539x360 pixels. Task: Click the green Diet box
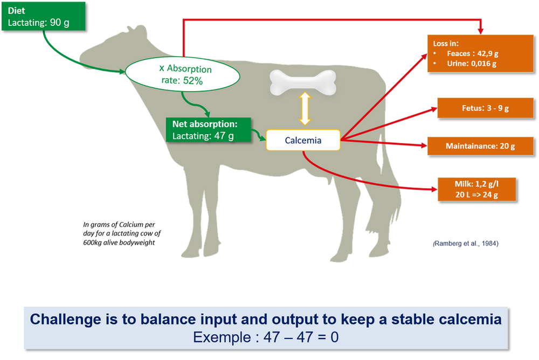(43, 17)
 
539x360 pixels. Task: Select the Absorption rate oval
(182, 74)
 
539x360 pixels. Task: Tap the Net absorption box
(208, 130)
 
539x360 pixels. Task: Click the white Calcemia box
(303, 140)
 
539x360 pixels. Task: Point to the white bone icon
(303, 82)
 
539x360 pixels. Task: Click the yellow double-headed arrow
(305, 108)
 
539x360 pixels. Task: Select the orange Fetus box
(485, 108)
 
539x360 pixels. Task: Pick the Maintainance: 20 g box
(480, 146)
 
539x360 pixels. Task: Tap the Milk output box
(477, 189)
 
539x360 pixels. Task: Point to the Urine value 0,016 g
(483, 64)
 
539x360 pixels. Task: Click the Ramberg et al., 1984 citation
(466, 244)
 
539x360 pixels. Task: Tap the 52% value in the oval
(193, 81)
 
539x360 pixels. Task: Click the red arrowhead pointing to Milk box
(434, 189)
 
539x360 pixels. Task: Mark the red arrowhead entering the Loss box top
(481, 31)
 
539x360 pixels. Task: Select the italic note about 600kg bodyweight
(122, 233)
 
